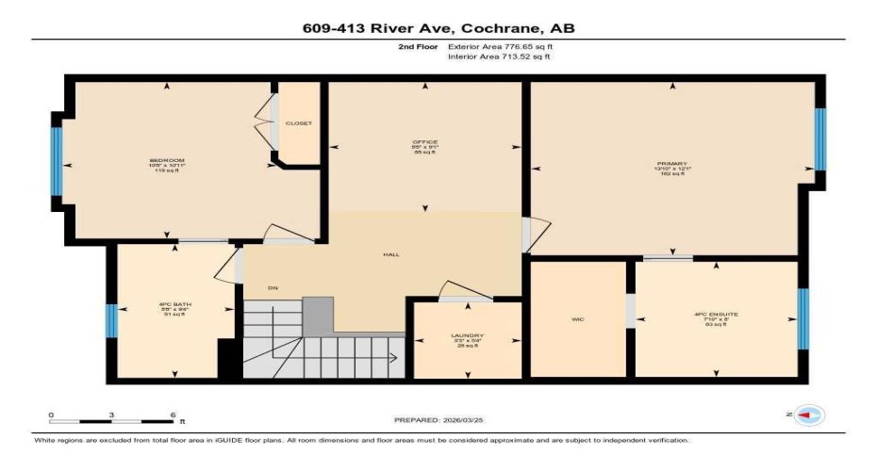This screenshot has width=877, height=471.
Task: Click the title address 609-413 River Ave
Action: click(x=438, y=28)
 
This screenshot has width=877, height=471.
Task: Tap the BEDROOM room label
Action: click(x=167, y=160)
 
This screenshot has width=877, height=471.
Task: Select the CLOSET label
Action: click(x=298, y=123)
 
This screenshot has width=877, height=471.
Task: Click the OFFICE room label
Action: click(x=424, y=142)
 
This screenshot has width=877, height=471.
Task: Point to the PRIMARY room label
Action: click(x=672, y=164)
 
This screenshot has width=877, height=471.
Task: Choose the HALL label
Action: click(x=389, y=254)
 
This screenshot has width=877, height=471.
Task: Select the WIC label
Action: click(x=578, y=319)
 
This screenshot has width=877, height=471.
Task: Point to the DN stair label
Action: click(x=273, y=287)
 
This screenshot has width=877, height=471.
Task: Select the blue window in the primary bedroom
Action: click(x=819, y=139)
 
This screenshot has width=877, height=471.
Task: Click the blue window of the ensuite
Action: click(x=803, y=318)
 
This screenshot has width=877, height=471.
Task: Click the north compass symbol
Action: click(x=810, y=414)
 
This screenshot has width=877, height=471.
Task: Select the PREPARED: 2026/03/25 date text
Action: click(x=438, y=420)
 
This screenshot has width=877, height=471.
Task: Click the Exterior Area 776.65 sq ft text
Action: click(x=499, y=45)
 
